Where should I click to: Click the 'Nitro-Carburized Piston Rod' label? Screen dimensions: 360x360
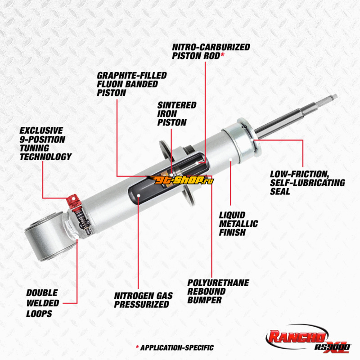tap(211, 51)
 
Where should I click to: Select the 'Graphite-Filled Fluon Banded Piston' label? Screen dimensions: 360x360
tap(131, 84)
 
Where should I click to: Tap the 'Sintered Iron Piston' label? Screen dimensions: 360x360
tap(176, 113)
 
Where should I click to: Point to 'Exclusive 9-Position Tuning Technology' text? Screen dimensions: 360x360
tap(45, 144)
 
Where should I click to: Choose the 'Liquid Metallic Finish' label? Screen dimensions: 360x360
tap(238, 224)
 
